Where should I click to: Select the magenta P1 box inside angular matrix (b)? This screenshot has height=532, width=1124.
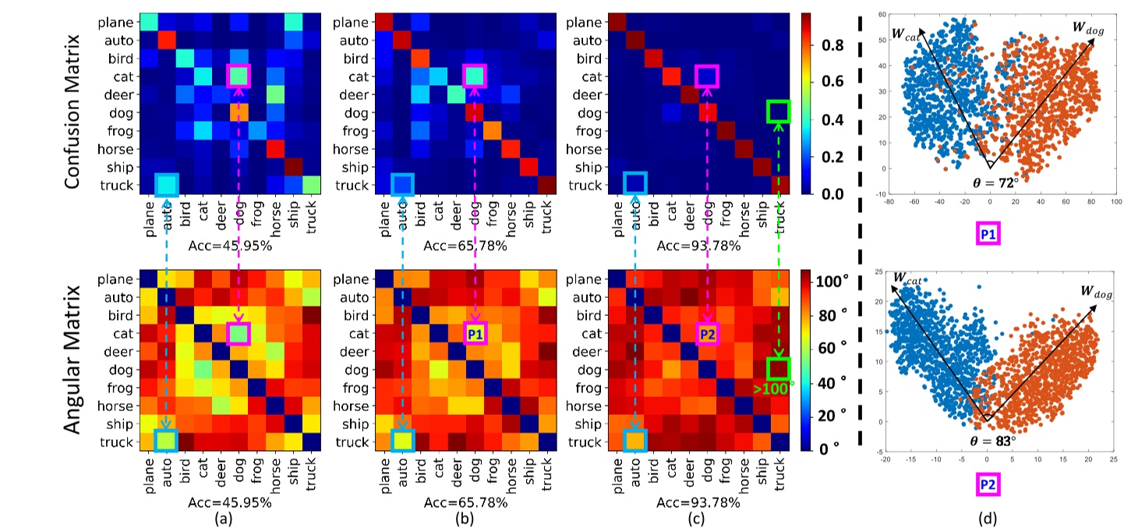click(474, 334)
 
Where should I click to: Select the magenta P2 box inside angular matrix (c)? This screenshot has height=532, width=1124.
click(707, 334)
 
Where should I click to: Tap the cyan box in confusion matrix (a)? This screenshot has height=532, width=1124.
click(166, 185)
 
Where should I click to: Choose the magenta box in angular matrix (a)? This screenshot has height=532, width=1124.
click(239, 334)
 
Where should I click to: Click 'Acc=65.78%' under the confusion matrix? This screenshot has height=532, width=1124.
click(465, 245)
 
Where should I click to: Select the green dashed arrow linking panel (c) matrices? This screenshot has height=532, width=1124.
click(778, 234)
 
